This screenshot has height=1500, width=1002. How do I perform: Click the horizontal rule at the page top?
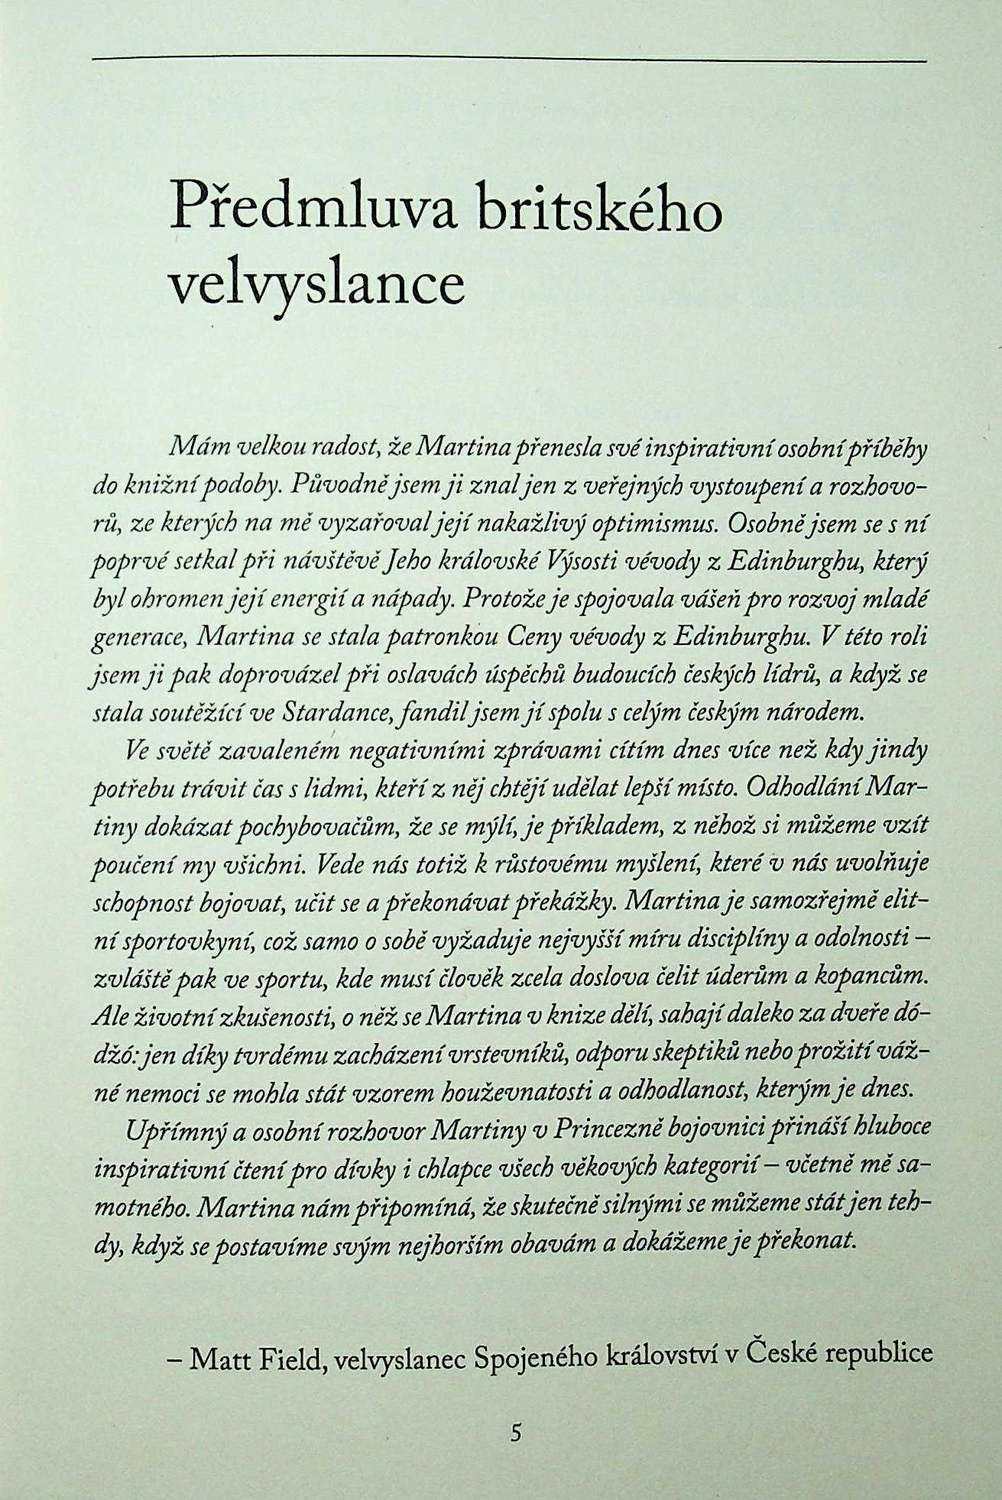click(x=508, y=58)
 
